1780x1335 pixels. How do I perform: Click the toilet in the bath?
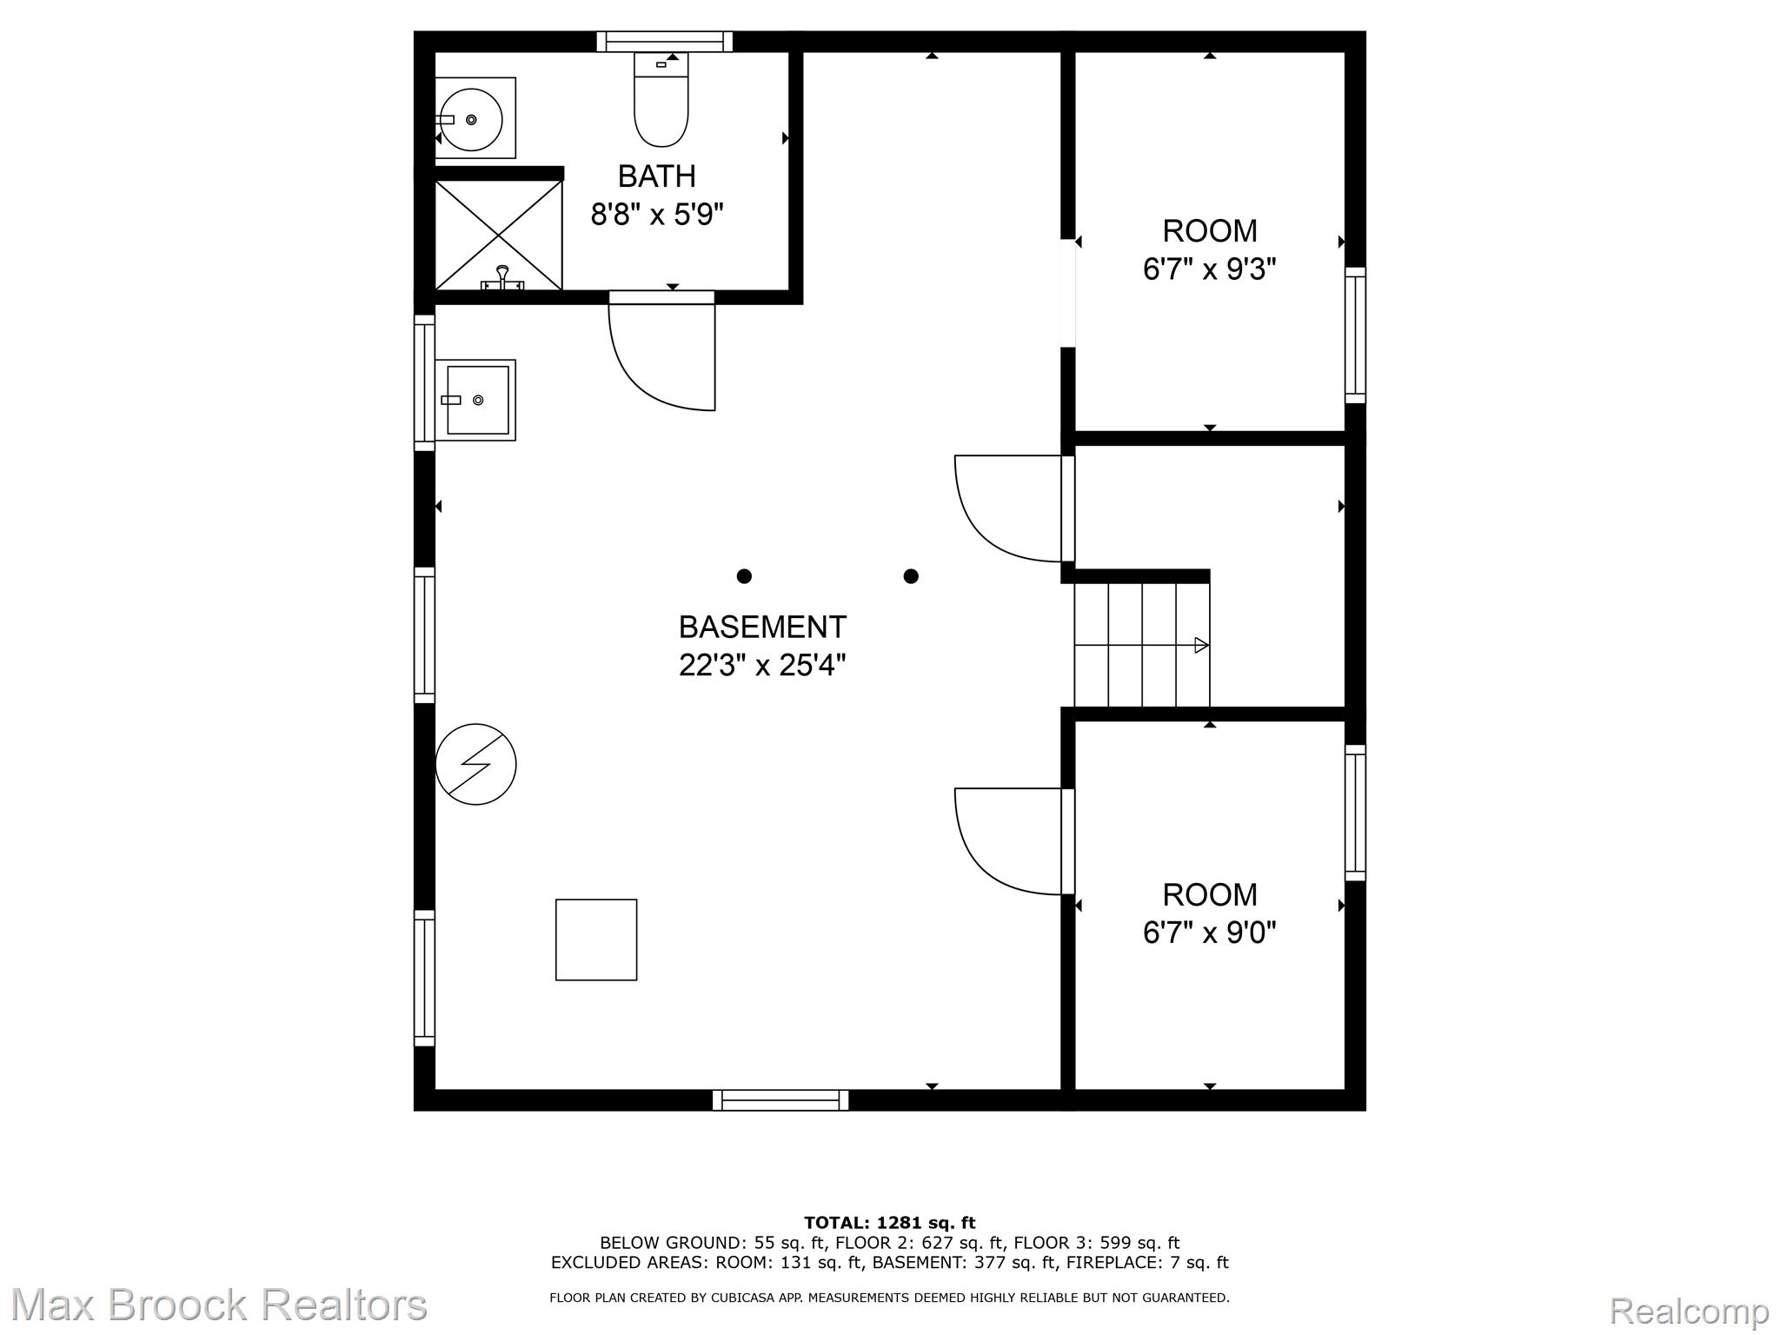coord(661,99)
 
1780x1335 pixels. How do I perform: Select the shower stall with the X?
coord(498,235)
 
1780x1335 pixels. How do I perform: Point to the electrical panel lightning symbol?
coord(475,764)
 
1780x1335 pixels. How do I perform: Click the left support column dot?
coord(744,576)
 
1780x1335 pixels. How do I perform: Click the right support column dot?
coord(911,576)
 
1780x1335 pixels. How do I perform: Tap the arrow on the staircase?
coord(1142,645)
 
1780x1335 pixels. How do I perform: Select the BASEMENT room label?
coord(762,627)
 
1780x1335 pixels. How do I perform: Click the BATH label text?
coord(657,176)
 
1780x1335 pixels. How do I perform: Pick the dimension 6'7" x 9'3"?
coord(1209,269)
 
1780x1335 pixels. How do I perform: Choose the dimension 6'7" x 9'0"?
coord(1209,933)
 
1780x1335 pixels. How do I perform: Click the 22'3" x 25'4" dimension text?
coord(762,666)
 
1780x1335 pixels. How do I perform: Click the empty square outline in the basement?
coord(596,940)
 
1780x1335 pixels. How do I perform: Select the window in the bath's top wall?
coord(665,42)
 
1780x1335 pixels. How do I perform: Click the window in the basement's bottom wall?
coord(780,1100)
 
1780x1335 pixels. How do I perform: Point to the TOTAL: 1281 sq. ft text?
coord(890,1223)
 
